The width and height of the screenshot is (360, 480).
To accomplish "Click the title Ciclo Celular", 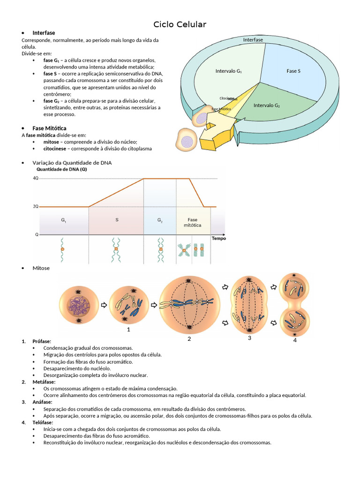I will (180, 24).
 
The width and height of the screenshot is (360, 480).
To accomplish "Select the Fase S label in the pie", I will (293, 71).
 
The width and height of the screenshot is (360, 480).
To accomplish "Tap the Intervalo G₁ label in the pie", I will (228, 71).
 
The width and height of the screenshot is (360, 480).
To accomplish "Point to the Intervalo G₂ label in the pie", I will (266, 105).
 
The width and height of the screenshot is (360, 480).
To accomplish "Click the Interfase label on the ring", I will (253, 40).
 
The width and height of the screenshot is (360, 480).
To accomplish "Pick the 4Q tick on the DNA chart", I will (36, 179).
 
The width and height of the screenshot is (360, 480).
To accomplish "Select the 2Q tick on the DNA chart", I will (36, 206).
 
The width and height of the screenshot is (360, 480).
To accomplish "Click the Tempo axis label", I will (218, 238).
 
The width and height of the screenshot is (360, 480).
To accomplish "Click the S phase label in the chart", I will (117, 219).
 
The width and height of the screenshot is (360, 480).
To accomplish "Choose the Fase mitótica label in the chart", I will (192, 222).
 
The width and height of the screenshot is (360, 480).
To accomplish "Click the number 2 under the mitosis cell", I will (189, 339).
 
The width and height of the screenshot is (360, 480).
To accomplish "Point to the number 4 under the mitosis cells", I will (295, 340).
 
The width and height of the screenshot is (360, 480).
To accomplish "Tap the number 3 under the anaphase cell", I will (249, 338).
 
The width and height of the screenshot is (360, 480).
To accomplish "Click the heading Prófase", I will (42, 341).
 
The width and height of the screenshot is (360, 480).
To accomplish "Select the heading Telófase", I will (43, 422).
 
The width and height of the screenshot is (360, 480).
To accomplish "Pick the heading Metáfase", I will (44, 382).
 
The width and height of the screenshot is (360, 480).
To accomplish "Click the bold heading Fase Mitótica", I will (49, 128).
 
